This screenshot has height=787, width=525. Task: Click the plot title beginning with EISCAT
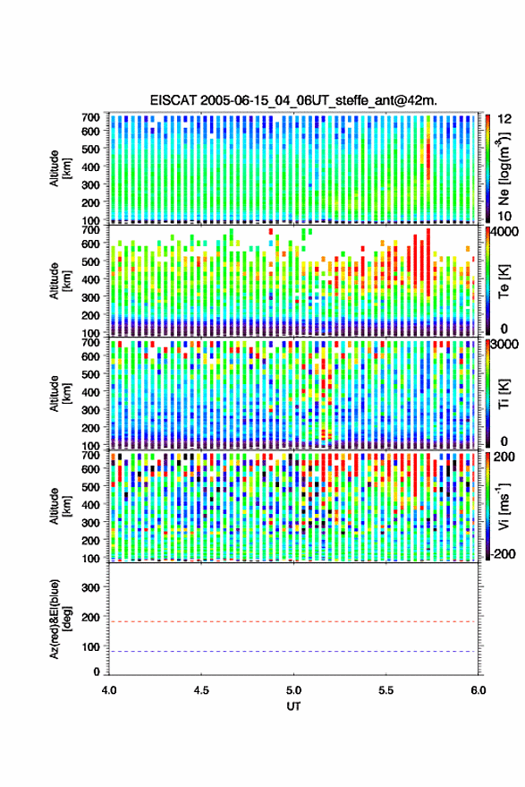point(293,100)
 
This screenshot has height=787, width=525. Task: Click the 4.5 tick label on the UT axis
point(201,690)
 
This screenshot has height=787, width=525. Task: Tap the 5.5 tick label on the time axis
point(386,690)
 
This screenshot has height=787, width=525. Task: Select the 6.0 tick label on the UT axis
point(478,690)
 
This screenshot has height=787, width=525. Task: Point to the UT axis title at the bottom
point(293,706)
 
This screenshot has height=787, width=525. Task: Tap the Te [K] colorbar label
point(504,281)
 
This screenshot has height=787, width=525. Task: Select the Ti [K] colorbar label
point(504,394)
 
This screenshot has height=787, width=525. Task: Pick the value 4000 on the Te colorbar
point(504,232)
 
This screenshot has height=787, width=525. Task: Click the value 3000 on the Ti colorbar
point(504,345)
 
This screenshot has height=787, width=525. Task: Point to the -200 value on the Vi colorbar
point(502,553)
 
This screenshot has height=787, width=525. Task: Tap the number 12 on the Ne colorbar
point(504,119)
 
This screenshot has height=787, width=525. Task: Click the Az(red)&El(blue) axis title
point(60,619)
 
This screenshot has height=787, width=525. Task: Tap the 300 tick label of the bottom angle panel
point(90,587)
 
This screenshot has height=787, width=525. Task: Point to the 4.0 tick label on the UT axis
point(109,690)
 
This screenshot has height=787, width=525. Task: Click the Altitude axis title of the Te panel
point(60,281)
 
